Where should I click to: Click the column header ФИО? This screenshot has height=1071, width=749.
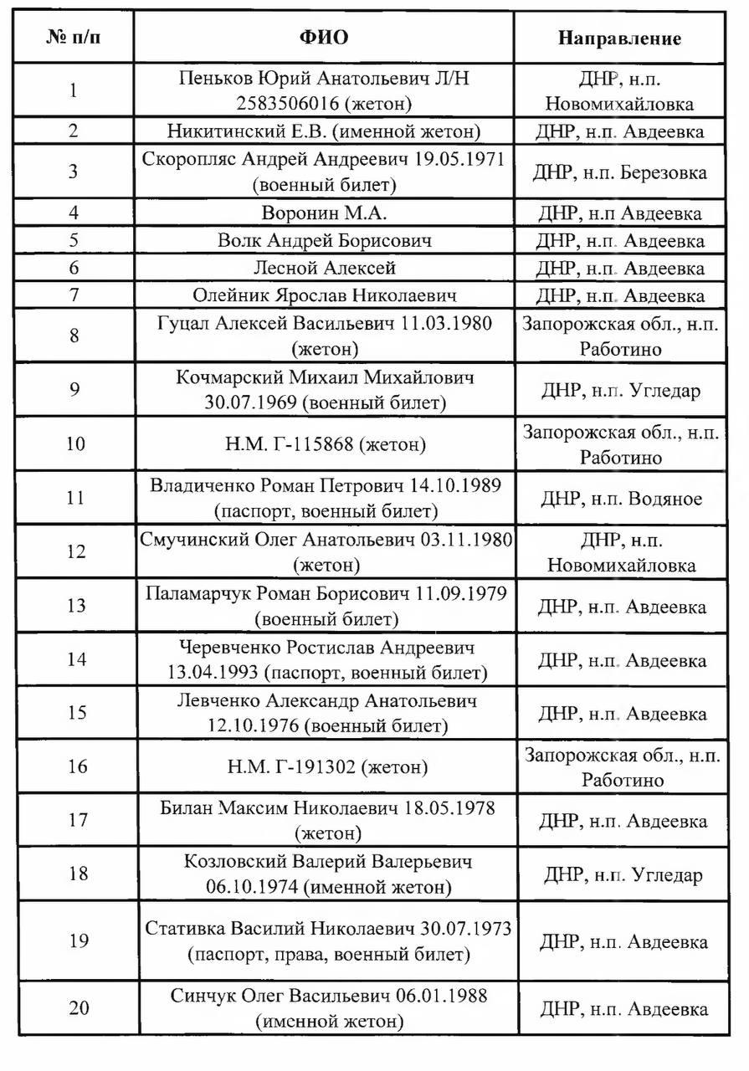point(323,38)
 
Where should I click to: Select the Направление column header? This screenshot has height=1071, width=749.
point(619,38)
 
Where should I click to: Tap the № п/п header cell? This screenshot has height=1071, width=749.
point(75,38)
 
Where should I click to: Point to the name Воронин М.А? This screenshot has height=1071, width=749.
point(324,213)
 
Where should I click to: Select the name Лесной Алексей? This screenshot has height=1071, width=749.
point(324,268)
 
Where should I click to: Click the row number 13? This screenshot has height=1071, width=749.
point(75,606)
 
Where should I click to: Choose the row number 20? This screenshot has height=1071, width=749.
point(79,1007)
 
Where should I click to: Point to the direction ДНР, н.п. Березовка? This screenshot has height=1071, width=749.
point(620,172)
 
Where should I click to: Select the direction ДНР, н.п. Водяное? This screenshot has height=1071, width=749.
point(621,499)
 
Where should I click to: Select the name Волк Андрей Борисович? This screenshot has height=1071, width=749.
point(324,241)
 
